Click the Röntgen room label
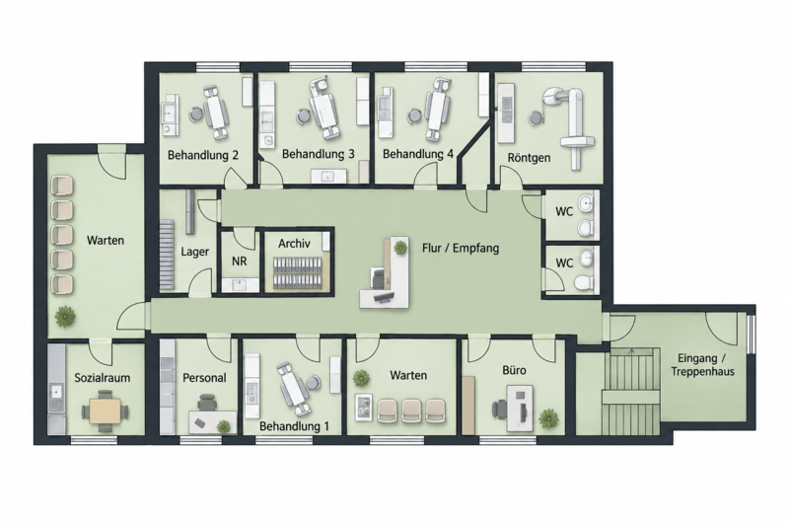click(x=529, y=158)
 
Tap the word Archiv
click(x=294, y=244)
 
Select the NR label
click(x=239, y=262)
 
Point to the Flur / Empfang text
click(x=461, y=248)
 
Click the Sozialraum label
click(x=103, y=378)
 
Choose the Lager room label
click(x=194, y=252)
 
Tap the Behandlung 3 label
click(x=318, y=154)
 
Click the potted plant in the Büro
click(x=548, y=418)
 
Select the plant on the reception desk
click(x=400, y=247)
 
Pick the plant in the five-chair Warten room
click(x=65, y=317)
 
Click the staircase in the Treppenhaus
click(x=632, y=391)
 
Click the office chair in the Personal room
click(x=206, y=403)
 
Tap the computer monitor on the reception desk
click(x=383, y=298)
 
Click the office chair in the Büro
click(x=499, y=409)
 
